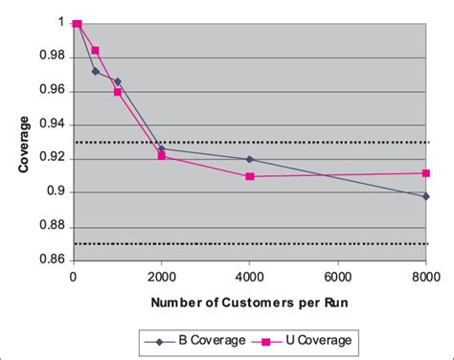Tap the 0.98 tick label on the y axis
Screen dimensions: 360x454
point(54,56)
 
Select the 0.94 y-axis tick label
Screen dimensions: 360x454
point(54,124)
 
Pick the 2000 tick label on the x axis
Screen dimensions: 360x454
point(161,278)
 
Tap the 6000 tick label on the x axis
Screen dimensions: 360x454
point(337,278)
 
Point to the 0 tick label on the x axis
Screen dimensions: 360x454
point(73,278)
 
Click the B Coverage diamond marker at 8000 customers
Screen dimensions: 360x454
point(425,196)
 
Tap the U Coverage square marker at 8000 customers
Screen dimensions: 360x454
point(425,173)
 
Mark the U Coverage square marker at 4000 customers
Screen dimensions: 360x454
point(249,176)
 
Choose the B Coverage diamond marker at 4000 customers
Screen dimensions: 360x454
point(249,159)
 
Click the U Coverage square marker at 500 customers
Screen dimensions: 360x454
point(95,50)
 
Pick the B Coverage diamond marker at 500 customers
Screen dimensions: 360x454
point(95,71)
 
